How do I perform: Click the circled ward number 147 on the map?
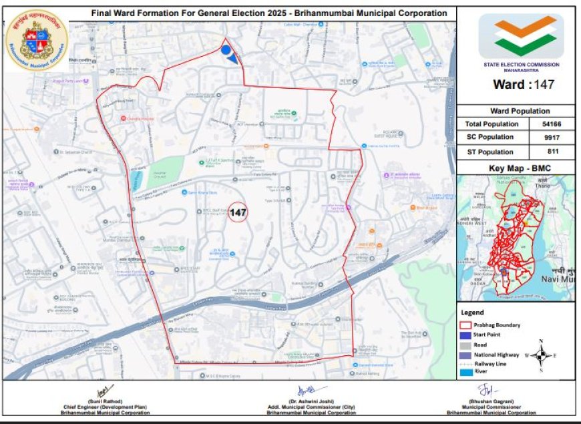pos(238,212)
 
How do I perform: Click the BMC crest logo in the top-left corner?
pos(36,39)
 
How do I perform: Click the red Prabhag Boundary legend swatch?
pos(466,325)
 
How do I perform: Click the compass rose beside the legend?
pos(542,355)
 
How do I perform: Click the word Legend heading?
pos(472,312)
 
